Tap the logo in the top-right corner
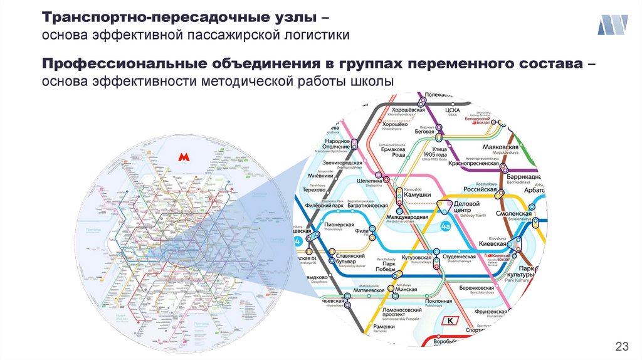pyautogui.click(x=613, y=26)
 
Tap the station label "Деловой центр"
pyautogui.click(x=466, y=208)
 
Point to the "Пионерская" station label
pyautogui.click(x=340, y=225)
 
